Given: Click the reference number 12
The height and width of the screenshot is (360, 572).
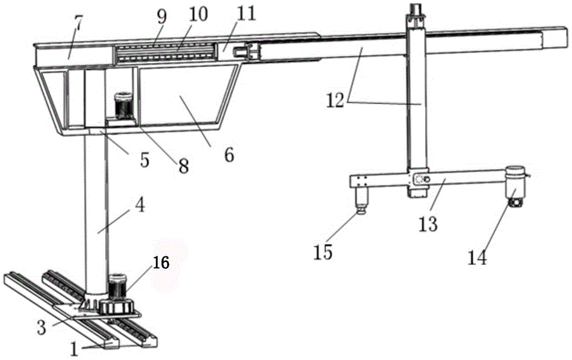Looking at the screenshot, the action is click(335, 100).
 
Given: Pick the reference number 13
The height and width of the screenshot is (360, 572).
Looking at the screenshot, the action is click(428, 224).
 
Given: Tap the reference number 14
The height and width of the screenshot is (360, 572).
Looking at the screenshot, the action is click(478, 258).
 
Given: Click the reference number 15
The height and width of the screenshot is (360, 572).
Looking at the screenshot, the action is click(323, 252).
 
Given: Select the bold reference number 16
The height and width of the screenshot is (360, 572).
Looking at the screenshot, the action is click(161, 262).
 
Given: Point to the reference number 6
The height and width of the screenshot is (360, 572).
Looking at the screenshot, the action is click(229, 155).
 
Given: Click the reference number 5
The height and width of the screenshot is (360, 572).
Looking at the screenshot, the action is click(145, 160).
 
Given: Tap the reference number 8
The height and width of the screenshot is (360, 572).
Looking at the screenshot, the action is click(184, 166).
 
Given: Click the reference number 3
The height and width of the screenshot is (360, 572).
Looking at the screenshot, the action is click(42, 327).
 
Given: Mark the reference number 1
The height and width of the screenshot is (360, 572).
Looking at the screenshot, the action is click(74, 350).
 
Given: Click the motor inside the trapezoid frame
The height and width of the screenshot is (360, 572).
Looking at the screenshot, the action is click(124, 105).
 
